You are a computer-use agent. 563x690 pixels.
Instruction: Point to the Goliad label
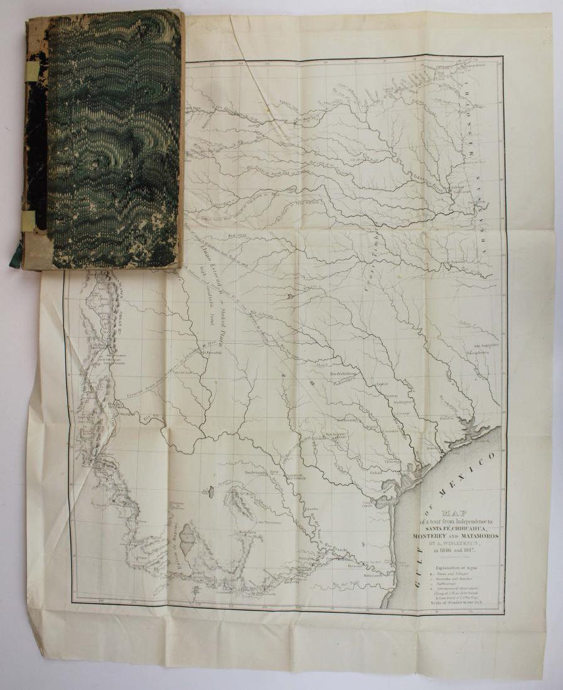[376, 472]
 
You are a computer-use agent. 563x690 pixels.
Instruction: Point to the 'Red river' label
[237, 235]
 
